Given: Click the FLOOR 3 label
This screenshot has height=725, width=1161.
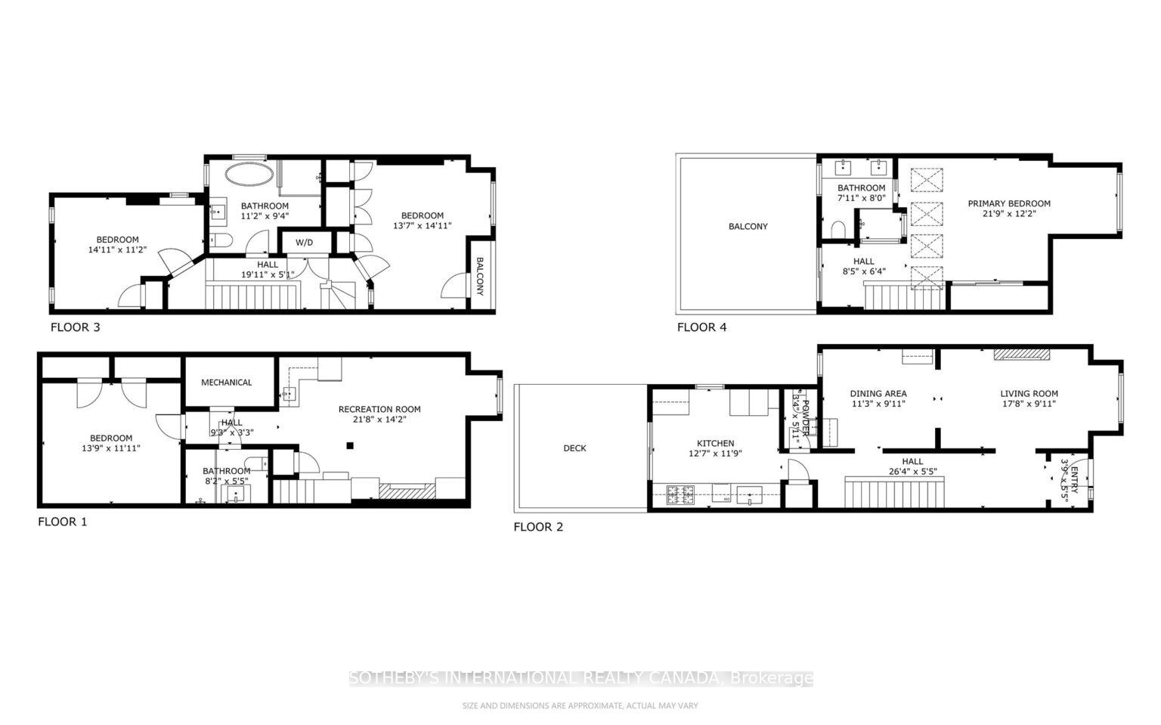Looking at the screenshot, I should pyautogui.click(x=75, y=327).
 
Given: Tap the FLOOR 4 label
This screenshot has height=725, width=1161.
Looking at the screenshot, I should pyautogui.click(x=701, y=327).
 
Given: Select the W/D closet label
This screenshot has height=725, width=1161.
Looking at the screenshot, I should pyautogui.click(x=304, y=243).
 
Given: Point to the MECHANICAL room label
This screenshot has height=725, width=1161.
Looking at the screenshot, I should pyautogui.click(x=226, y=383).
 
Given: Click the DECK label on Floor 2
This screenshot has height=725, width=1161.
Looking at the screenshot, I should pyautogui.click(x=574, y=448).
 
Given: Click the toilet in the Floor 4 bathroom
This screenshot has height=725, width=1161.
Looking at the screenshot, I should pyautogui.click(x=837, y=228).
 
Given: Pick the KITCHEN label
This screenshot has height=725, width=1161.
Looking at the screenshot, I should pyautogui.click(x=715, y=444).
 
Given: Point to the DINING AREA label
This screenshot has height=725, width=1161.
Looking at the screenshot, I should pyautogui.click(x=878, y=394).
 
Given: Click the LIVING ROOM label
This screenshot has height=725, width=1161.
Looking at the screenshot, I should pyautogui.click(x=1029, y=394).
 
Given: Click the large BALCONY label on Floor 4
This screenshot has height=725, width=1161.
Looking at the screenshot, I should pyautogui.click(x=748, y=227).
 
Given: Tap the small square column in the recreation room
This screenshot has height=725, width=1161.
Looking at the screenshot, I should pyautogui.click(x=350, y=445).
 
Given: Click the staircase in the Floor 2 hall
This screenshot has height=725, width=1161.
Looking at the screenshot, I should pyautogui.click(x=895, y=492).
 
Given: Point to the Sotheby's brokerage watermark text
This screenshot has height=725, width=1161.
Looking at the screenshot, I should pyautogui.click(x=580, y=678).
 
